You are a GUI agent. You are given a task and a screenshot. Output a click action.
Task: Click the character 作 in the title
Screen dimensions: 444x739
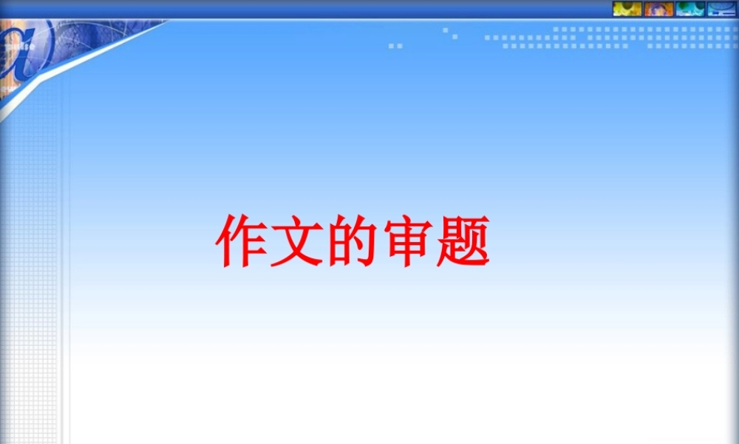pos(242,242)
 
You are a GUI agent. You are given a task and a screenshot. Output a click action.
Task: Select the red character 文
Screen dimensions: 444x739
pos(296,242)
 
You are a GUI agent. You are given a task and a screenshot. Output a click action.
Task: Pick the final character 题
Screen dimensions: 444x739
pos(462,242)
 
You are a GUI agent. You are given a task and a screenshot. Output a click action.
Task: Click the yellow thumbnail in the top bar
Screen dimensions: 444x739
pos(627,9)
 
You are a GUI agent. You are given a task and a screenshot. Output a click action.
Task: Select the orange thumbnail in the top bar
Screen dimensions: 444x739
pos(658,9)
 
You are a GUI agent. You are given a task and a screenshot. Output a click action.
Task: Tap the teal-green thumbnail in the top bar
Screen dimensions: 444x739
pos(689,9)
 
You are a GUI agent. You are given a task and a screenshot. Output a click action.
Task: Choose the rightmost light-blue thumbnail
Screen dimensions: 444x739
pos(721,9)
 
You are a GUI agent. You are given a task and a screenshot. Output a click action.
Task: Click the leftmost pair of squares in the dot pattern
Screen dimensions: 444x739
pos(395,46)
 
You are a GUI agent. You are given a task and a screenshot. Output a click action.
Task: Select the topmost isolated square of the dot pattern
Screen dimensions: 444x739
pos(445,30)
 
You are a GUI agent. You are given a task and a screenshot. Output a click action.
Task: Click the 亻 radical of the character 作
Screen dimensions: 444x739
pos(226,242)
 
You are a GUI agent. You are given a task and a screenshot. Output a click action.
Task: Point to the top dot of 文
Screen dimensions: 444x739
pos(296,221)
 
